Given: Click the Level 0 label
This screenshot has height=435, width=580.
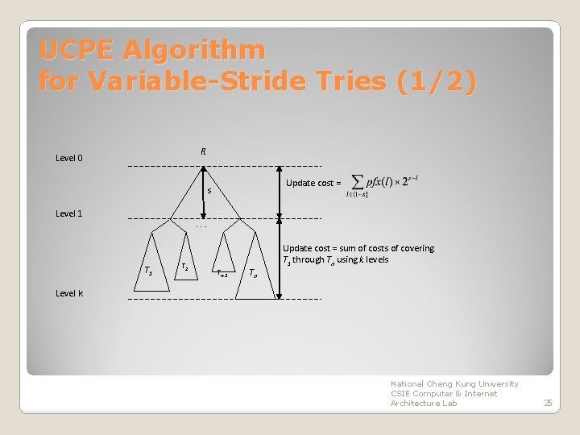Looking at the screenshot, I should pyautogui.click(x=69, y=158).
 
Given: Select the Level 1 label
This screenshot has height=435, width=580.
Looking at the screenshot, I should pyautogui.click(x=69, y=213).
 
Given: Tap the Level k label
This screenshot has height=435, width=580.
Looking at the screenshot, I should pyautogui.click(x=69, y=293).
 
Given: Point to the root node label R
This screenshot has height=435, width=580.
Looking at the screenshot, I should pyautogui.click(x=203, y=151).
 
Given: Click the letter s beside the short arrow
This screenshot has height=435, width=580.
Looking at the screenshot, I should pyautogui.click(x=209, y=192).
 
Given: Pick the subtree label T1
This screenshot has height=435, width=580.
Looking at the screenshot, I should pyautogui.click(x=146, y=269).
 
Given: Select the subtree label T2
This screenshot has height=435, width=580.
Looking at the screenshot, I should pyautogui.click(x=185, y=266).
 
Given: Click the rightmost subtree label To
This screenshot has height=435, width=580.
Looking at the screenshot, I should pyautogui.click(x=253, y=272).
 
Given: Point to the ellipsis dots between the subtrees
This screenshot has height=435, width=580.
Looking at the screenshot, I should pyautogui.click(x=202, y=226).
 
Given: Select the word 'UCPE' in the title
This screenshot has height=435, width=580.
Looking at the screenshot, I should pyautogui.click(x=79, y=51).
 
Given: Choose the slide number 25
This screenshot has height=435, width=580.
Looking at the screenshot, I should pyautogui.click(x=548, y=403).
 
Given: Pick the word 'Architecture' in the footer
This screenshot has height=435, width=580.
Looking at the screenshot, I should pyautogui.click(x=414, y=403).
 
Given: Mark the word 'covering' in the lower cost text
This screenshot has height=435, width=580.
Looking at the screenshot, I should pyautogui.click(x=416, y=248).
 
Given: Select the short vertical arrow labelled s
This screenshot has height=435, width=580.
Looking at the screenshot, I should pyautogui.click(x=204, y=193).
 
